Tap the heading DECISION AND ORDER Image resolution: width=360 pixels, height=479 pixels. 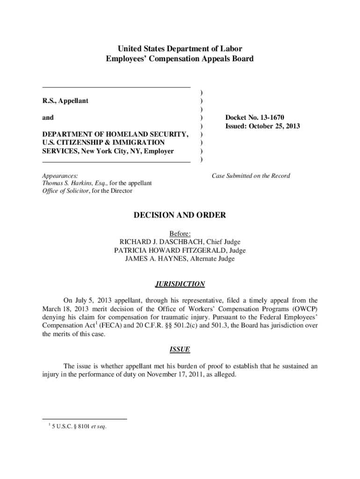coord(180,215)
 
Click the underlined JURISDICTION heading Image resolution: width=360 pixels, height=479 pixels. coord(180,284)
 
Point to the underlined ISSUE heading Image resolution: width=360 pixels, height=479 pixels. coord(180,349)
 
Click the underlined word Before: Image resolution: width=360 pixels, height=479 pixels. coord(180,233)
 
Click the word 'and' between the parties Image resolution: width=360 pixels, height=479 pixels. coord(48,118)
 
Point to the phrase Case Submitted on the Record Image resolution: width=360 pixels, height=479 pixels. coord(251,176)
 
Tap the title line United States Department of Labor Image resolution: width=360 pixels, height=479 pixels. coord(180,49)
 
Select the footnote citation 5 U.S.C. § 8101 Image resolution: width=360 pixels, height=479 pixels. coord(70,426)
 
